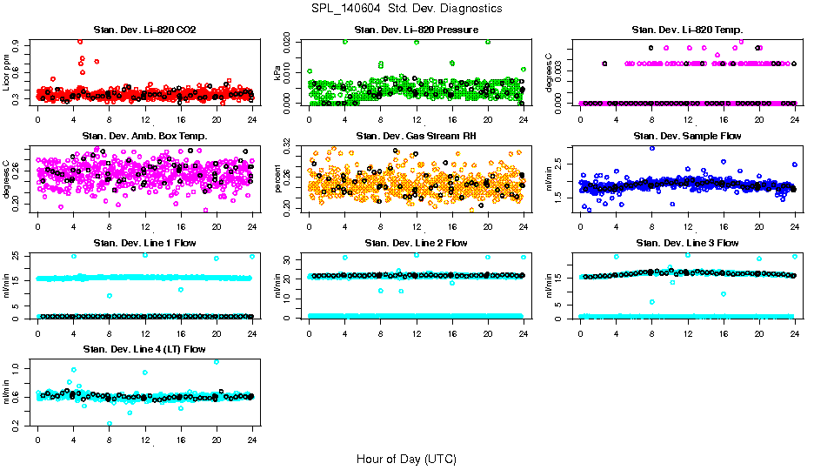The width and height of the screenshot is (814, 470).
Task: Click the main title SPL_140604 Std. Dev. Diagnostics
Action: (406, 9)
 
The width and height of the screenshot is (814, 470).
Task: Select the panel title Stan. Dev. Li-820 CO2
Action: (144, 30)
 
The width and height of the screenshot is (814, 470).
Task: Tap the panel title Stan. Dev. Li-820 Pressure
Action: (417, 30)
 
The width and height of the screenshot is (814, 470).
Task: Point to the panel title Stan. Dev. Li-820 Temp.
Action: (687, 30)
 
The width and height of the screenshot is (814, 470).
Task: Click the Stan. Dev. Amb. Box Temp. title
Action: (144, 137)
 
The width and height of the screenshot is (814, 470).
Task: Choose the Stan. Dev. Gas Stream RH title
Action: (417, 137)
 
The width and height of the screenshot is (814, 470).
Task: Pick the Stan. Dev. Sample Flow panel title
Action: (687, 137)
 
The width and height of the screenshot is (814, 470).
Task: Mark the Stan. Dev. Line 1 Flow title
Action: (144, 243)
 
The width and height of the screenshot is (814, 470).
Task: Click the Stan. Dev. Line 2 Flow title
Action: (417, 243)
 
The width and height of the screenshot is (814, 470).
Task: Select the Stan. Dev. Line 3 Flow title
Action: (687, 243)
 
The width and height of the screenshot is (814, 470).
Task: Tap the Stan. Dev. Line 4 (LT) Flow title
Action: (144, 349)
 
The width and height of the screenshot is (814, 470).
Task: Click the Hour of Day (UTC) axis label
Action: (406, 459)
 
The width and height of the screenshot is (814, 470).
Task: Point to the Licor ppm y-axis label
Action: (7, 72)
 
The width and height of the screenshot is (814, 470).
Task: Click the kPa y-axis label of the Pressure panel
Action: (278, 73)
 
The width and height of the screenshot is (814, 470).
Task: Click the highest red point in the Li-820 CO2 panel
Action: (80, 41)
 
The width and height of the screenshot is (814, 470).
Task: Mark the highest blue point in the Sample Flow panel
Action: (651, 148)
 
